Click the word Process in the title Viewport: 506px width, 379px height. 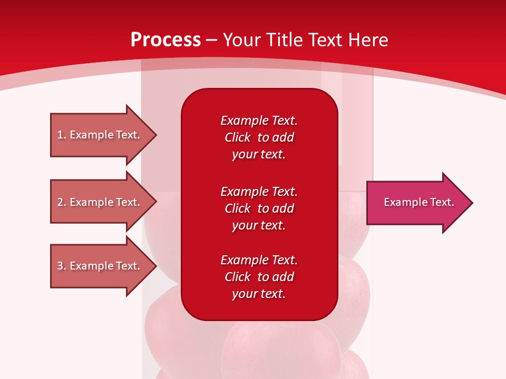(166, 40)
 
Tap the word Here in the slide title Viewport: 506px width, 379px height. (368, 40)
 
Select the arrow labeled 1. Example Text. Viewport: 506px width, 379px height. (100, 135)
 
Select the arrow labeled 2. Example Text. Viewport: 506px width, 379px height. (100, 202)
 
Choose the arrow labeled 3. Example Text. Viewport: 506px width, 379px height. (100, 266)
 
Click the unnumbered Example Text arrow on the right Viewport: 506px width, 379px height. (416, 203)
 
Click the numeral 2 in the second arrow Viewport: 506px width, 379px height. (60, 202)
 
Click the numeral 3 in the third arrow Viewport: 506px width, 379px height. (60, 266)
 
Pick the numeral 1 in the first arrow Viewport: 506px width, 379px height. (60, 135)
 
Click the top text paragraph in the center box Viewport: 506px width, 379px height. (259, 137)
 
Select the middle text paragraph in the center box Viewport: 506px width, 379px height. (259, 208)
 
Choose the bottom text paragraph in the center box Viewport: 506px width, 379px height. (259, 277)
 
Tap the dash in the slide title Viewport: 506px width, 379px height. (211, 41)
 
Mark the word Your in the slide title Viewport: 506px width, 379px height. (242, 40)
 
